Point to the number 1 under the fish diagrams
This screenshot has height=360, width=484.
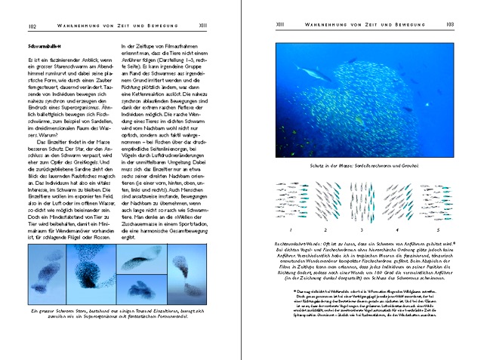click(291, 229)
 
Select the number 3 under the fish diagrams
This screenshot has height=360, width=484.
click(362, 229)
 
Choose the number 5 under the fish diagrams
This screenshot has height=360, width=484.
click(436, 229)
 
